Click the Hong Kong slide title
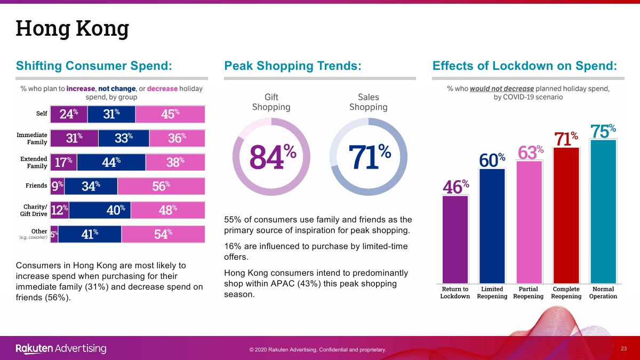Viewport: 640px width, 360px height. (72, 28)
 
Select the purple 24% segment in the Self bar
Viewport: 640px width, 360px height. (69, 114)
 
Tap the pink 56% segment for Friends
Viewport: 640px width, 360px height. (161, 186)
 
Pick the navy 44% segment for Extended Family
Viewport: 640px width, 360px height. (111, 162)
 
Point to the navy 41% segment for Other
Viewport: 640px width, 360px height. (90, 234)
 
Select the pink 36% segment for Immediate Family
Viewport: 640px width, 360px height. (177, 138)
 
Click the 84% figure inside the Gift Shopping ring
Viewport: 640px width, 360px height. (273, 156)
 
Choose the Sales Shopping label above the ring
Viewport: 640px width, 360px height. (368, 102)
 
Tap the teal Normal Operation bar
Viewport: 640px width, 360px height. (603, 211)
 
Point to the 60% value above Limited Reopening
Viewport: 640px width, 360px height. (492, 159)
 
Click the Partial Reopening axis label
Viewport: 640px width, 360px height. (528, 293)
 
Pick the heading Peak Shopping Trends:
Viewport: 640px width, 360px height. (293, 66)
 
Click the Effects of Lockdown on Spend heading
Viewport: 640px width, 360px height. (524, 66)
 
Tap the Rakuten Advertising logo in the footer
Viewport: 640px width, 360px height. (61, 349)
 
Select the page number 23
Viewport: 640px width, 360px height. (623, 348)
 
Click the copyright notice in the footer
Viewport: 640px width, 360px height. (317, 350)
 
